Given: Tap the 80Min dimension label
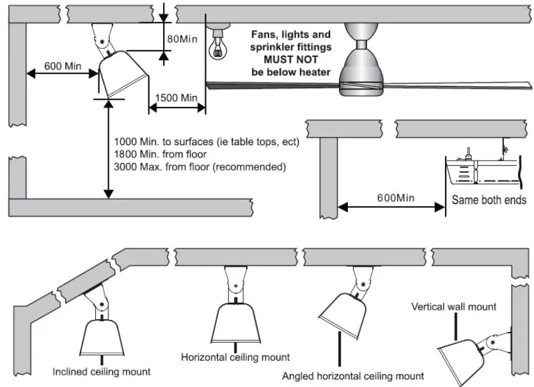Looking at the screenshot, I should tap(182, 39).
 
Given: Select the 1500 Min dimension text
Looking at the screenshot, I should tap(177, 98).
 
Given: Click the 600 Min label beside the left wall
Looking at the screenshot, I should tap(63, 66).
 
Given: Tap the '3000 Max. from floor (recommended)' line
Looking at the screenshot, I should tap(199, 167).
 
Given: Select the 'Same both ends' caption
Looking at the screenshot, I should tap(489, 200).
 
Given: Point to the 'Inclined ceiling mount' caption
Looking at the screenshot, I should tap(102, 371).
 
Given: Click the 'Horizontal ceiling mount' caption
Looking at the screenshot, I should tap(235, 357).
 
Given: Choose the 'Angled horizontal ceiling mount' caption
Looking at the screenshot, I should tap(353, 376).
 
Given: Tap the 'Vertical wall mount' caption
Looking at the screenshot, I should tap(454, 306).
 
